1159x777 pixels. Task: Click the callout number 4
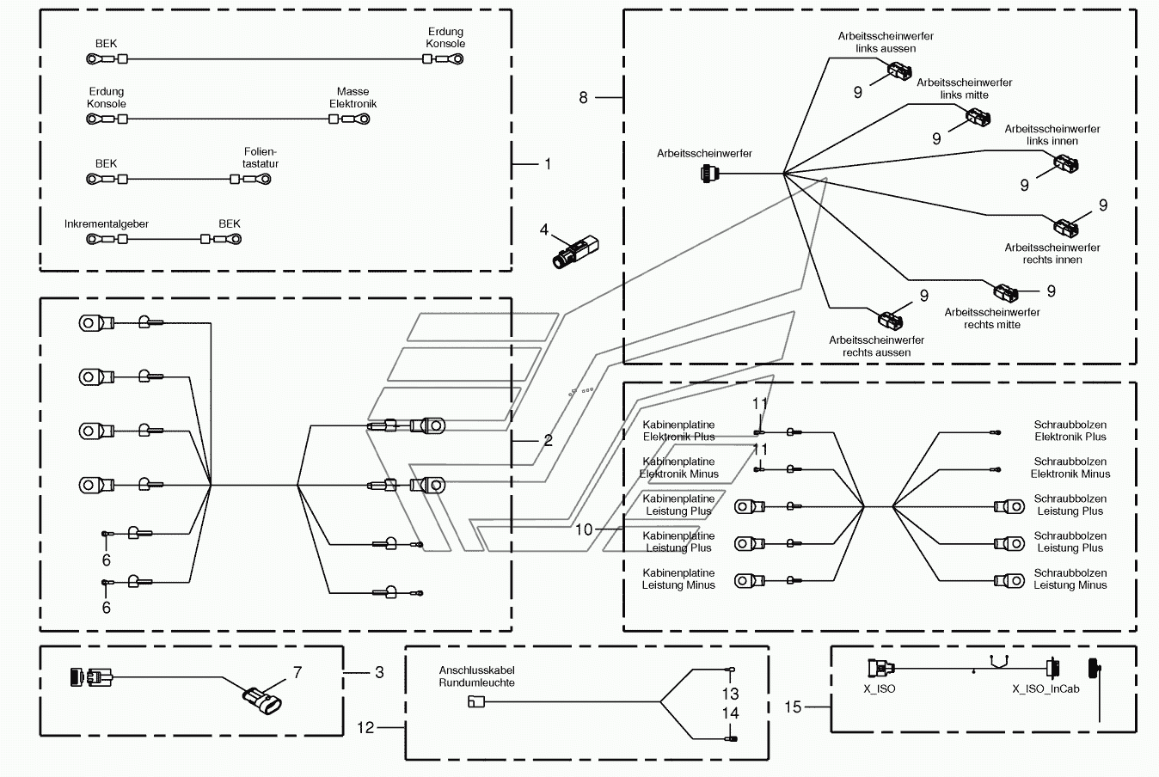(543, 229)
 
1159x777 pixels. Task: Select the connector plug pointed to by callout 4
(576, 252)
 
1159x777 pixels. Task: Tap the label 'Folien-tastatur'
(261, 158)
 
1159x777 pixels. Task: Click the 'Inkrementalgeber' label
(106, 224)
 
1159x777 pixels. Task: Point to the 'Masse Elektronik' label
(353, 98)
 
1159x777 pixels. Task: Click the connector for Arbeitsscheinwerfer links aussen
(900, 71)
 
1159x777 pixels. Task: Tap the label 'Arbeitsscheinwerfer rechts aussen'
(876, 346)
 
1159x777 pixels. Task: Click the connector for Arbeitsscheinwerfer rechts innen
(1065, 227)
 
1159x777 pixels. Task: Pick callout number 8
(583, 98)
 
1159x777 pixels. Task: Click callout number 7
(297, 672)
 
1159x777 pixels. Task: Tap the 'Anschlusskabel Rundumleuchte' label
(476, 676)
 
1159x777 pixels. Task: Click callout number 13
(731, 694)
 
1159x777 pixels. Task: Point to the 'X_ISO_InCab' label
(1046, 689)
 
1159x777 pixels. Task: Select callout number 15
(793, 707)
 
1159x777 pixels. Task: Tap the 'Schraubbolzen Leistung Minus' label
(1070, 578)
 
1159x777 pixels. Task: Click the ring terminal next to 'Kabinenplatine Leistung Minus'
(749, 580)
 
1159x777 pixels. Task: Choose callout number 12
(365, 727)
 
